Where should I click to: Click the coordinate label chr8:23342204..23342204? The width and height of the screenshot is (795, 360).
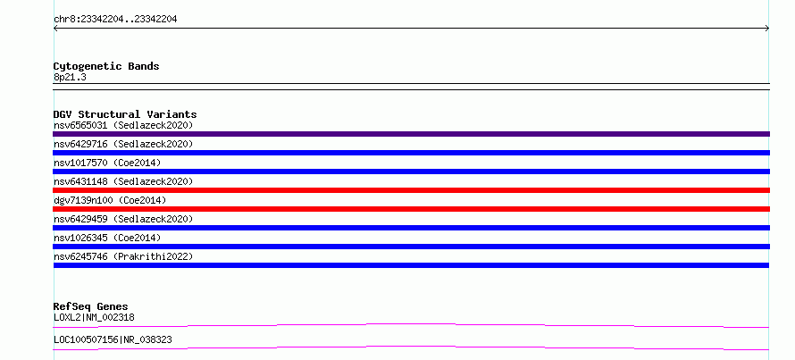click(115, 20)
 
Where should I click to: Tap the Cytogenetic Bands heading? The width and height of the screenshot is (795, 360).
click(106, 66)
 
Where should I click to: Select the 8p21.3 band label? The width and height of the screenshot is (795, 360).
click(70, 77)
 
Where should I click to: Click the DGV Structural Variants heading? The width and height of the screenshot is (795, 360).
click(125, 114)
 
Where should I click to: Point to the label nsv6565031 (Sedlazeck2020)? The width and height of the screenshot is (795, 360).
click(123, 125)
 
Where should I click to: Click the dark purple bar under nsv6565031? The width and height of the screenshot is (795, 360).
click(411, 134)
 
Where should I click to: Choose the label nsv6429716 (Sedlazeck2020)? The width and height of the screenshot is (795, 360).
click(123, 144)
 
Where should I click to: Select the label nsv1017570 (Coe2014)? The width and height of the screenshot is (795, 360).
click(107, 163)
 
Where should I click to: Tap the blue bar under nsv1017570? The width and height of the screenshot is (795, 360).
click(411, 172)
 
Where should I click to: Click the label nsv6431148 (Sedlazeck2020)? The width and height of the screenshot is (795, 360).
click(123, 181)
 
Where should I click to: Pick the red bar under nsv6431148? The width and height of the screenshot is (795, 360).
click(411, 190)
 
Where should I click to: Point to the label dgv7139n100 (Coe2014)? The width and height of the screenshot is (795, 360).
click(110, 200)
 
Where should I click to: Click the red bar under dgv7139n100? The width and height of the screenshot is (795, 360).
click(411, 209)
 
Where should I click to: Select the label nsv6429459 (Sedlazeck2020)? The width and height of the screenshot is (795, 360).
click(123, 219)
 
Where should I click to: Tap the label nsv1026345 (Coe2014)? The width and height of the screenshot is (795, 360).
click(107, 238)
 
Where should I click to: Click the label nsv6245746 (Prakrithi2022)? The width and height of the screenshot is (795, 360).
click(123, 256)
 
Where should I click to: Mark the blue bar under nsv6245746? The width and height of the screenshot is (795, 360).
click(411, 265)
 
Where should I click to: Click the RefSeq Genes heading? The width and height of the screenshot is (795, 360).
click(91, 306)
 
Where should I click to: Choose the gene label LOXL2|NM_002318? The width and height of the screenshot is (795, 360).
click(94, 317)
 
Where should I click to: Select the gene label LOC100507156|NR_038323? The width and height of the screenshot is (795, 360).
click(113, 339)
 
